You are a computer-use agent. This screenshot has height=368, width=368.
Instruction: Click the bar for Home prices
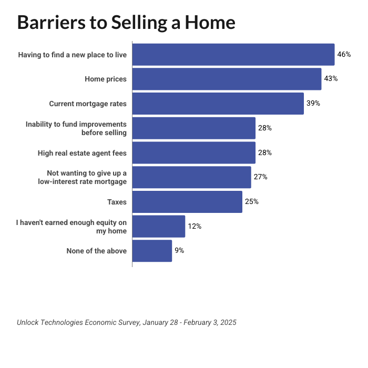tap(227, 79)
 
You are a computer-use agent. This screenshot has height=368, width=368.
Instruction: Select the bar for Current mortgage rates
tap(218, 104)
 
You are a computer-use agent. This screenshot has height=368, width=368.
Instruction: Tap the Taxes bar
tap(187, 202)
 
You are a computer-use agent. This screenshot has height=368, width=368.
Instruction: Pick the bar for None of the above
tap(152, 251)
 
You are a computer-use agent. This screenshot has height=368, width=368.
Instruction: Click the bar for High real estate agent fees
tap(193, 152)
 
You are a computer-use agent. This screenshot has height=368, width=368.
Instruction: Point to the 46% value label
tap(344, 54)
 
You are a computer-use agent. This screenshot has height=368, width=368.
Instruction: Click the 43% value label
tap(331, 79)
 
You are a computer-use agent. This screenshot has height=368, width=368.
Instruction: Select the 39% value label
tap(313, 104)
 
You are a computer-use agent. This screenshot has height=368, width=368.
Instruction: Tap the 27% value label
tap(260, 177)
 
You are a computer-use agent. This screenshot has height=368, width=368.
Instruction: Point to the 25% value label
tap(252, 202)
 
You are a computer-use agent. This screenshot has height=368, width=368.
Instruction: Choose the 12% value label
tap(195, 227)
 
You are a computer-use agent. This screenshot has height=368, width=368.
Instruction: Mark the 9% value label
tap(179, 251)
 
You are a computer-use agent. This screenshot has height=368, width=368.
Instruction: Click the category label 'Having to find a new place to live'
tap(73, 55)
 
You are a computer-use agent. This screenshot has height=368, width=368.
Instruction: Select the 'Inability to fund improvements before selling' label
tap(76, 128)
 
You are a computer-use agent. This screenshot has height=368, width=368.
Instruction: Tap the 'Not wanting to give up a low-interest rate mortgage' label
tap(83, 177)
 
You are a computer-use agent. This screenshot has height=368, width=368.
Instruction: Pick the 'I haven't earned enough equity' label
tap(71, 227)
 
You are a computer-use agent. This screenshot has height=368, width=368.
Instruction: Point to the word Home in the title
tap(209, 22)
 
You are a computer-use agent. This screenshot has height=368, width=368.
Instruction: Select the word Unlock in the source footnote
tap(29, 322)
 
